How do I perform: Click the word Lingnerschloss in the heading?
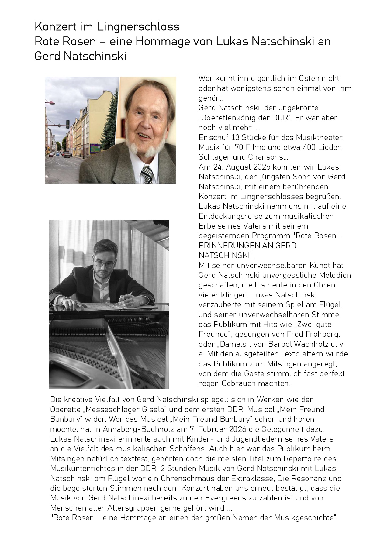(138, 27)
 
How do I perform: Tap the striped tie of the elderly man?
(147, 174)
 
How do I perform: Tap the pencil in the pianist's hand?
(130, 294)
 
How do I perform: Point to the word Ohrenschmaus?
(195, 479)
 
